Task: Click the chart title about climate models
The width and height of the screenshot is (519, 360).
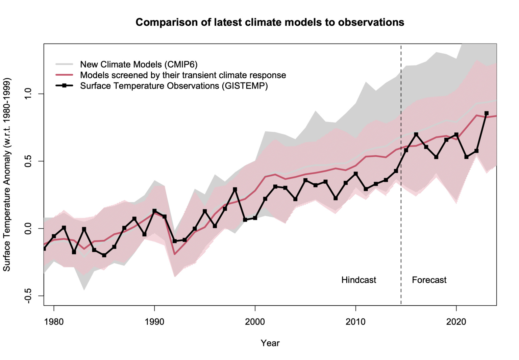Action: (270, 22)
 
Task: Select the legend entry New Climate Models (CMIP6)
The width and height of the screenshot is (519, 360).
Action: (139, 64)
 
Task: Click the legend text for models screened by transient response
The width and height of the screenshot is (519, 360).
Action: (183, 75)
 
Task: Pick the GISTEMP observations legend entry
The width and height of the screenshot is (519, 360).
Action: (174, 86)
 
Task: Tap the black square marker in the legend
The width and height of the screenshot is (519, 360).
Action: (64, 86)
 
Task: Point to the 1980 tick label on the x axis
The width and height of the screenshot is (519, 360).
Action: (54, 322)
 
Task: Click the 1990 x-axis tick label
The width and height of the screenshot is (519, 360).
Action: (154, 322)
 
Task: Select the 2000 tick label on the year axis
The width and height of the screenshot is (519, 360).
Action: (255, 322)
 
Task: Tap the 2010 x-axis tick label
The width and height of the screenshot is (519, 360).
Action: (355, 322)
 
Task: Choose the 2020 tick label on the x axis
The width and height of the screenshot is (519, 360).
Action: (456, 322)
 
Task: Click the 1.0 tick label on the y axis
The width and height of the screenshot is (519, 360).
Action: (28, 94)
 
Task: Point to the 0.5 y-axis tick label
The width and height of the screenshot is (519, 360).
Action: (28, 161)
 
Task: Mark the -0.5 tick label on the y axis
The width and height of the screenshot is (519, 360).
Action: (28, 296)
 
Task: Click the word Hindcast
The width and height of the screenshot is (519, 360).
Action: (359, 280)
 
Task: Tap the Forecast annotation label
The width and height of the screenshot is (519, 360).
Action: (429, 280)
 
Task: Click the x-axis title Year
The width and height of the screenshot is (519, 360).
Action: (270, 343)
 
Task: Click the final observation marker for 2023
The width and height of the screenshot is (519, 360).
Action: (487, 113)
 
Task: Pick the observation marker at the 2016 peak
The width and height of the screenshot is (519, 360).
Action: (416, 134)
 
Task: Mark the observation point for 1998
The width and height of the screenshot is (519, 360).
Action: (235, 189)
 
